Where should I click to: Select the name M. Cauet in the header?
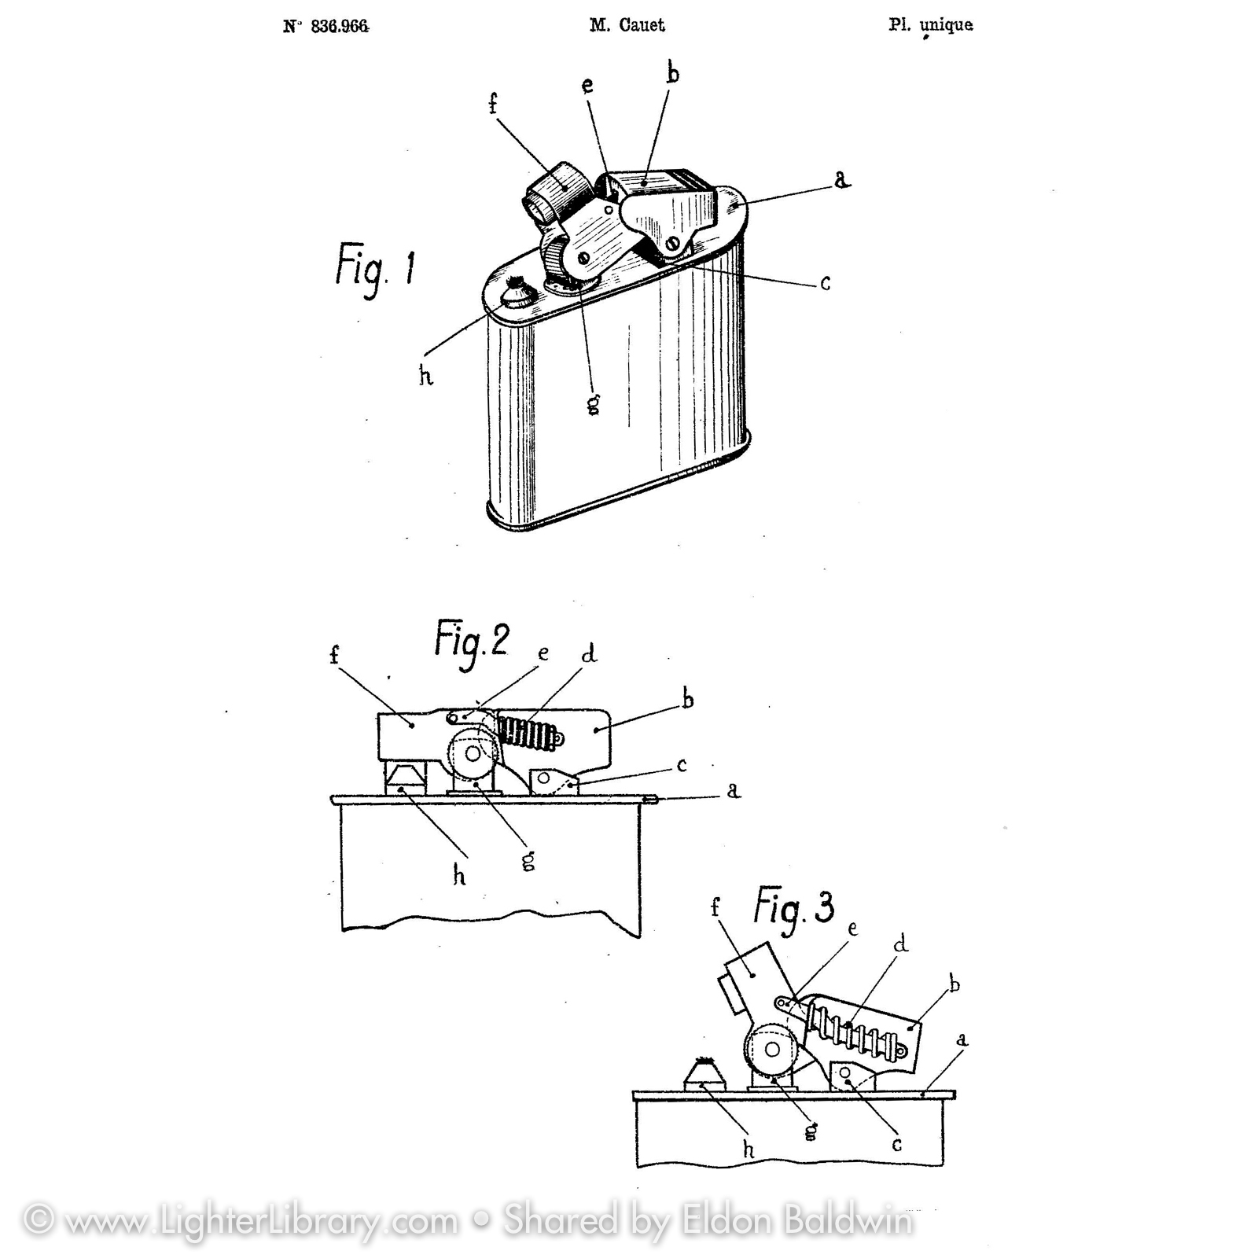tap(627, 25)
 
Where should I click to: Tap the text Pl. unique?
tap(931, 25)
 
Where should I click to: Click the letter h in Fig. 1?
tap(426, 377)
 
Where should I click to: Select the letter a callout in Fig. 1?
tap(842, 180)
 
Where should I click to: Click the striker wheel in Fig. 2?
tap(473, 754)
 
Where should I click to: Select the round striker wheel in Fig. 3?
tap(771, 1050)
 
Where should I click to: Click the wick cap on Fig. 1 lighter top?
tap(518, 294)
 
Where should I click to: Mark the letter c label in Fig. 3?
tap(897, 1145)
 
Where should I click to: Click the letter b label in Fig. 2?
tap(687, 699)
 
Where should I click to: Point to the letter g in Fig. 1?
tap(594, 403)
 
